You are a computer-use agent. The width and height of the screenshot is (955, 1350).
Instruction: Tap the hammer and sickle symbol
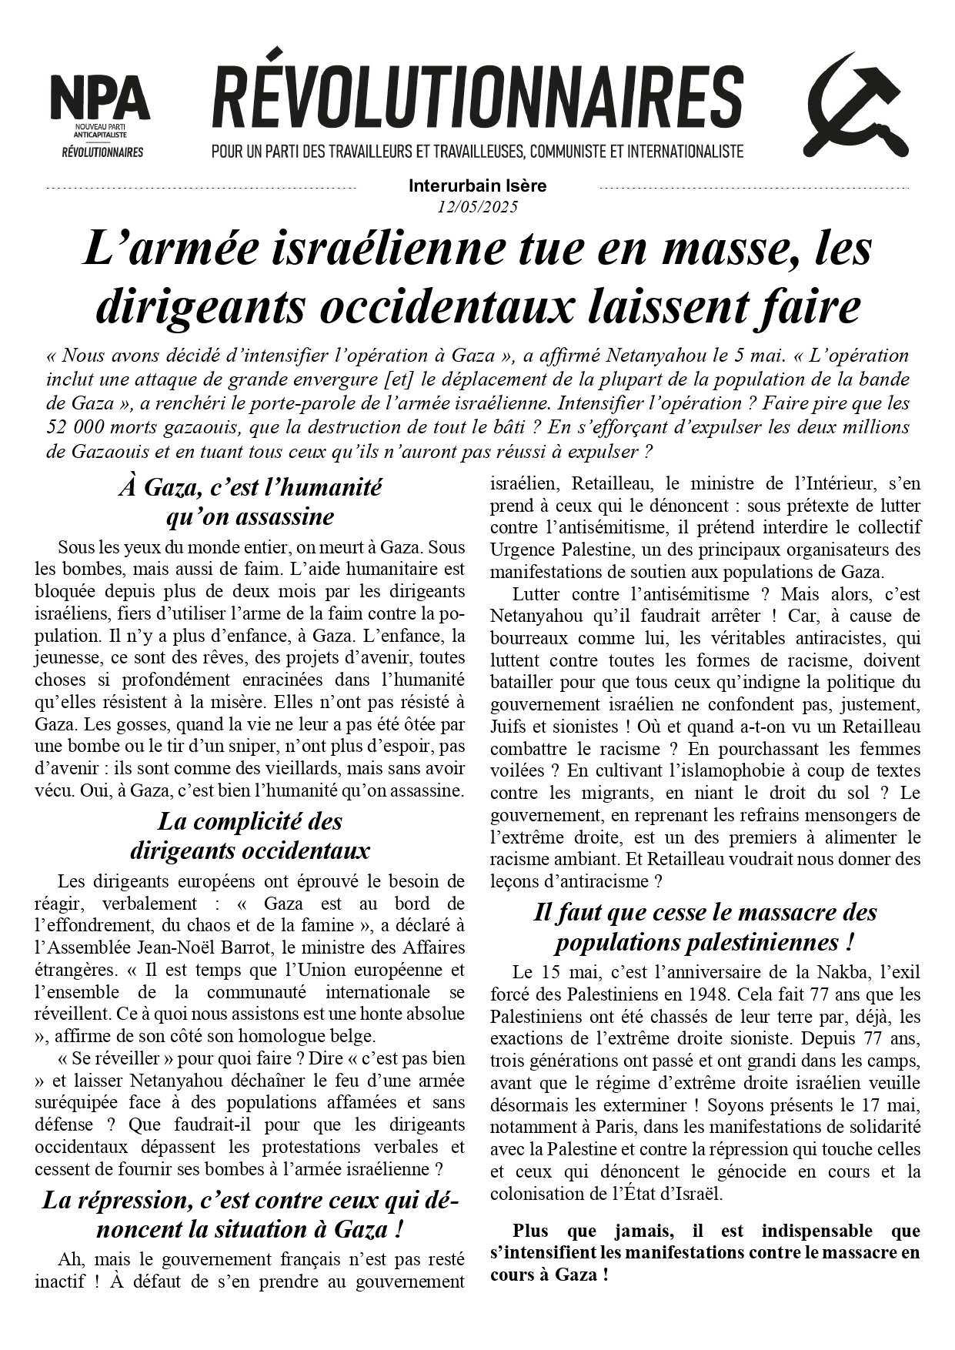point(855,105)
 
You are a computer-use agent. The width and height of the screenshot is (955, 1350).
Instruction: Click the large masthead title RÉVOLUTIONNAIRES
point(477,98)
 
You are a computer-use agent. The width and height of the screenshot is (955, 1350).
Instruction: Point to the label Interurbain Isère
point(477,185)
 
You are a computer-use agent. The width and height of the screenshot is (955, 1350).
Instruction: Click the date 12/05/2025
point(477,206)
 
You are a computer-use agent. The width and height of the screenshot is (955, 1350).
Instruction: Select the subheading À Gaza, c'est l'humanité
point(250,487)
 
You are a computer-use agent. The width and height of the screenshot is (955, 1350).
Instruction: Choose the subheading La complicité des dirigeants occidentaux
point(250,836)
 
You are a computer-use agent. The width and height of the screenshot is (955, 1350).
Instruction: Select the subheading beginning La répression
point(250,1215)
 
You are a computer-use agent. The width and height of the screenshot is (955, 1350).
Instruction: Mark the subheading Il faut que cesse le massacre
point(705,927)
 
